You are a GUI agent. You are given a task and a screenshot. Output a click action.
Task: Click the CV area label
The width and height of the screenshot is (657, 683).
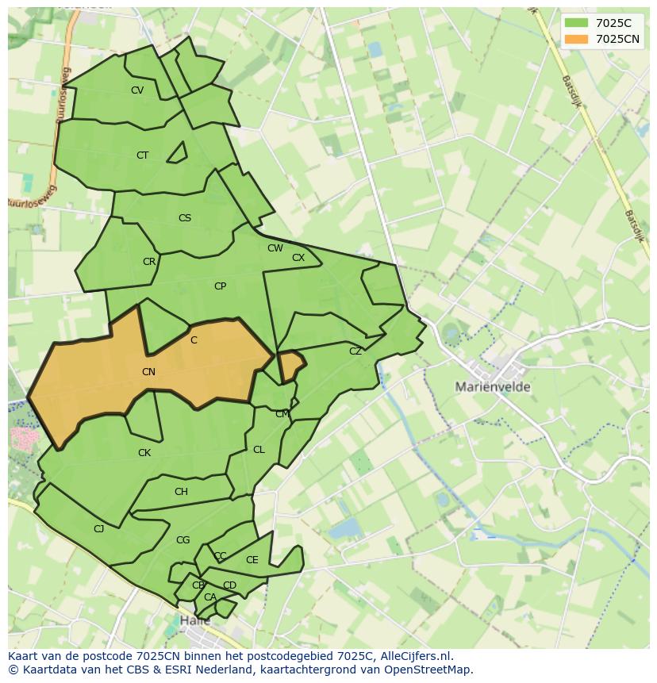pyautogui.click(x=137, y=90)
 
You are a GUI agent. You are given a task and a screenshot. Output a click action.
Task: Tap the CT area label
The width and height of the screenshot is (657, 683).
pyautogui.click(x=142, y=155)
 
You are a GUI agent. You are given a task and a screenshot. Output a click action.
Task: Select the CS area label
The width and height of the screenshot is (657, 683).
pyautogui.click(x=185, y=218)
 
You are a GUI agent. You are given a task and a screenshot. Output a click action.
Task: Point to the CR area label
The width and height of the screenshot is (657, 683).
pyautogui.click(x=149, y=262)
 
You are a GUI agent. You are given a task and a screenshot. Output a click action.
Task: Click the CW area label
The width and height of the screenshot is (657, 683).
pyautogui.click(x=275, y=248)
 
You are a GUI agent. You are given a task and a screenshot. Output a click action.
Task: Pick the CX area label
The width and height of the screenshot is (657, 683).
pyautogui.click(x=298, y=258)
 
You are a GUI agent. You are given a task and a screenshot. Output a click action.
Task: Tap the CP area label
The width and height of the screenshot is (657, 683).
pyautogui.click(x=220, y=286)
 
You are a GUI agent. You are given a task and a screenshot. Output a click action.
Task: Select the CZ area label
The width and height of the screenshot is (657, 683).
pyautogui.click(x=355, y=351)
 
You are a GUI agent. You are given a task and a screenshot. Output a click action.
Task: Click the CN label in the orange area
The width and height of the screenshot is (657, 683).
pyautogui.click(x=148, y=372)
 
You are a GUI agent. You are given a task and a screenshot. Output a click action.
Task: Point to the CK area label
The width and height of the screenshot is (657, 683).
pyautogui.click(x=144, y=453)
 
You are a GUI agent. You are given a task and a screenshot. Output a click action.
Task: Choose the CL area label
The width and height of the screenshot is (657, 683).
pyautogui.click(x=259, y=450)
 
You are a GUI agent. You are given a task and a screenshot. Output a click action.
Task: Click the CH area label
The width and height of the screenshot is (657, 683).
pyautogui.click(x=181, y=492)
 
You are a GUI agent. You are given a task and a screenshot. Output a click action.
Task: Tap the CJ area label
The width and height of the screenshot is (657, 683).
pyautogui.click(x=99, y=529)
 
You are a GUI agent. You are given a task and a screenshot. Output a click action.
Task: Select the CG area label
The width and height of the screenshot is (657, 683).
pyautogui.click(x=182, y=540)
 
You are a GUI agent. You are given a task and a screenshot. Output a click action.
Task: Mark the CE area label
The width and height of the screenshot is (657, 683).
pyautogui.click(x=252, y=560)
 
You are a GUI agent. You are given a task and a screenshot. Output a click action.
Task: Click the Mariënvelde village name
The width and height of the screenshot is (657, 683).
pyautogui.click(x=493, y=387)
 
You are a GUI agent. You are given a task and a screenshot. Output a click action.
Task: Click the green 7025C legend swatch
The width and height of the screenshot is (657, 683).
pyautogui.click(x=577, y=23)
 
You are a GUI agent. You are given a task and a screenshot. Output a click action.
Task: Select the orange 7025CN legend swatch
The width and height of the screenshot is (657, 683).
pyautogui.click(x=577, y=39)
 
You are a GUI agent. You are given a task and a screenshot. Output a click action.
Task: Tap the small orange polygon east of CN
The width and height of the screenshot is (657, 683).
pyautogui.click(x=291, y=365)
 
